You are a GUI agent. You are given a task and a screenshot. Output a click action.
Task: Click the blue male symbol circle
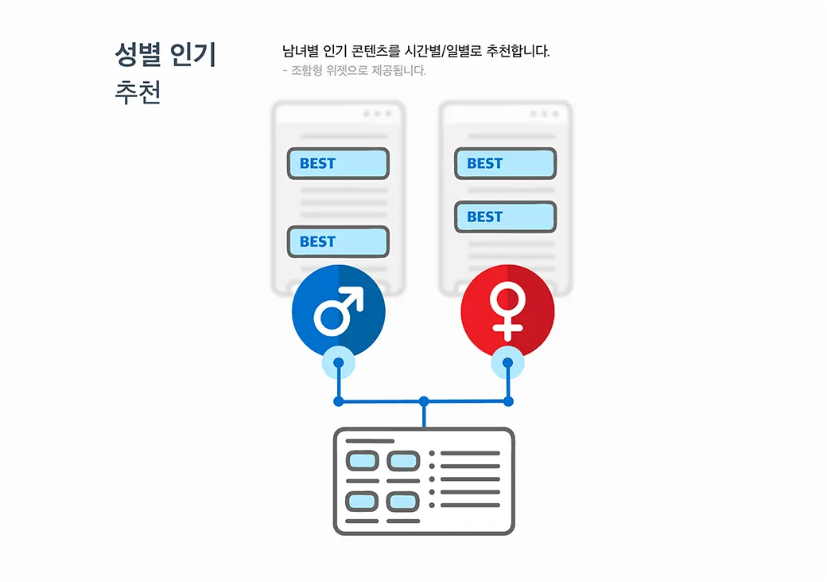[x=339, y=313]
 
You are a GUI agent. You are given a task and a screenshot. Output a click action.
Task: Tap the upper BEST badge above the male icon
[x=338, y=164]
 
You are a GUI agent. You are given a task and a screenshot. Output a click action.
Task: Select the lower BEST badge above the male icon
[x=338, y=242]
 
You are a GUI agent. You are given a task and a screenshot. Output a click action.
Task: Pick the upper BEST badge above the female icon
[x=505, y=164]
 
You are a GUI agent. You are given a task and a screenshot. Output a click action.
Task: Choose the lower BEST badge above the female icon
[x=505, y=217]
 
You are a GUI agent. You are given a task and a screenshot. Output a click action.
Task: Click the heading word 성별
[x=138, y=56]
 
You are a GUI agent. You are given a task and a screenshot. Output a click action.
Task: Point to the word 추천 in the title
[x=138, y=93]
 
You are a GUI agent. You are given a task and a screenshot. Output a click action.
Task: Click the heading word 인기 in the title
[x=193, y=56]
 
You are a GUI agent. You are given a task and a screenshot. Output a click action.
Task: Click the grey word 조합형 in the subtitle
[x=308, y=71]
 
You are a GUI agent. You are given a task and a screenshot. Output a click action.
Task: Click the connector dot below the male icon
[x=339, y=363]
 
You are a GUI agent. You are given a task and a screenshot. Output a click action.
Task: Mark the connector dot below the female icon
[x=508, y=363]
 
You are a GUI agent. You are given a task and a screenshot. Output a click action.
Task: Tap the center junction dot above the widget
[x=424, y=401]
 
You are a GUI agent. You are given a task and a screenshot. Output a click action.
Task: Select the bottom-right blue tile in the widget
[x=402, y=502]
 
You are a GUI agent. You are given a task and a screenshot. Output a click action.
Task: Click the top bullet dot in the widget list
[x=432, y=454]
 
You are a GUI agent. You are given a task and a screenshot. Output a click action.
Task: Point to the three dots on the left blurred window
[x=377, y=114]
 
